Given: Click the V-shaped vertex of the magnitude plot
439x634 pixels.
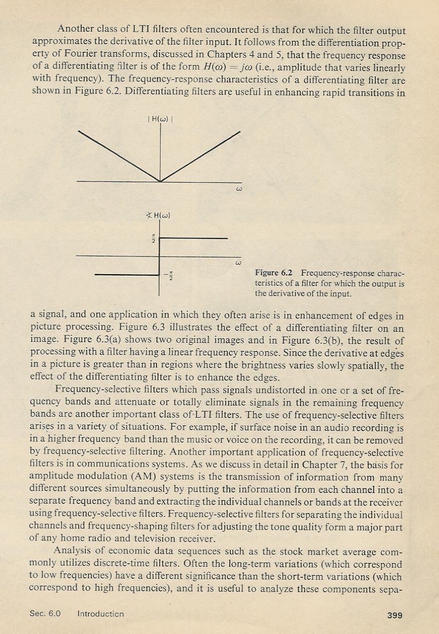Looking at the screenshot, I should point(160,181).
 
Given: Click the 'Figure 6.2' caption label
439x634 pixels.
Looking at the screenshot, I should point(274,273).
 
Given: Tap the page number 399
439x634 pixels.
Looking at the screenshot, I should point(395,615).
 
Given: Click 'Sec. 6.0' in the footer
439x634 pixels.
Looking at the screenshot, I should point(44,614).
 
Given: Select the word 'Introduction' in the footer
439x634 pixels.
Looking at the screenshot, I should point(101,614).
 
